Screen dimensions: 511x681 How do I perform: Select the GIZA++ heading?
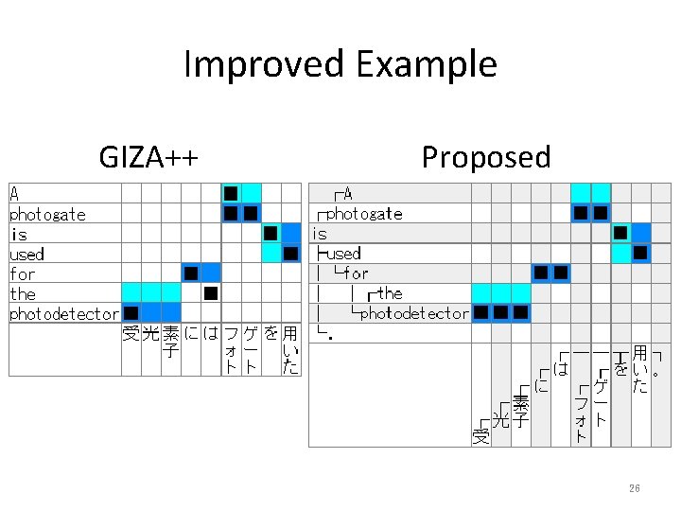[x=148, y=156]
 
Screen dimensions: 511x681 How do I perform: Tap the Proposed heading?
[x=485, y=156]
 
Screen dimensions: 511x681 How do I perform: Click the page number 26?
[x=635, y=488]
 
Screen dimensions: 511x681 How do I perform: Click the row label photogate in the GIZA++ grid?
[x=47, y=215]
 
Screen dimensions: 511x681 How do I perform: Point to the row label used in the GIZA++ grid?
[x=26, y=255]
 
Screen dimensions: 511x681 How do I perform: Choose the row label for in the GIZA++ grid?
[x=22, y=274]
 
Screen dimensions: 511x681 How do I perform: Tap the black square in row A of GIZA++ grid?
[x=231, y=194]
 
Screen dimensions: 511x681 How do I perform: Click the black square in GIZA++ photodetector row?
[x=131, y=313]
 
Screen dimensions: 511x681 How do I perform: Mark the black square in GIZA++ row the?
[x=211, y=293]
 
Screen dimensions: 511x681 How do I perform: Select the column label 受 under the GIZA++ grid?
[x=131, y=333]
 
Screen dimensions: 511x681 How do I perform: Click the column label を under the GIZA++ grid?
[x=271, y=333]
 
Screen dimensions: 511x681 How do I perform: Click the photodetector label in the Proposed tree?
[x=413, y=313]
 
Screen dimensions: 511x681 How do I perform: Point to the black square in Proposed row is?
[x=620, y=233]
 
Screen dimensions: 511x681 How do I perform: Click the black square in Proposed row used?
[x=640, y=253]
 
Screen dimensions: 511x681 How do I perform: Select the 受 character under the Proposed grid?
[x=480, y=436]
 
